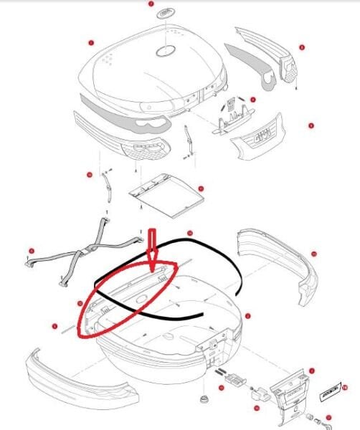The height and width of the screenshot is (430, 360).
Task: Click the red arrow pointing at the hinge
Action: coord(153,249)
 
